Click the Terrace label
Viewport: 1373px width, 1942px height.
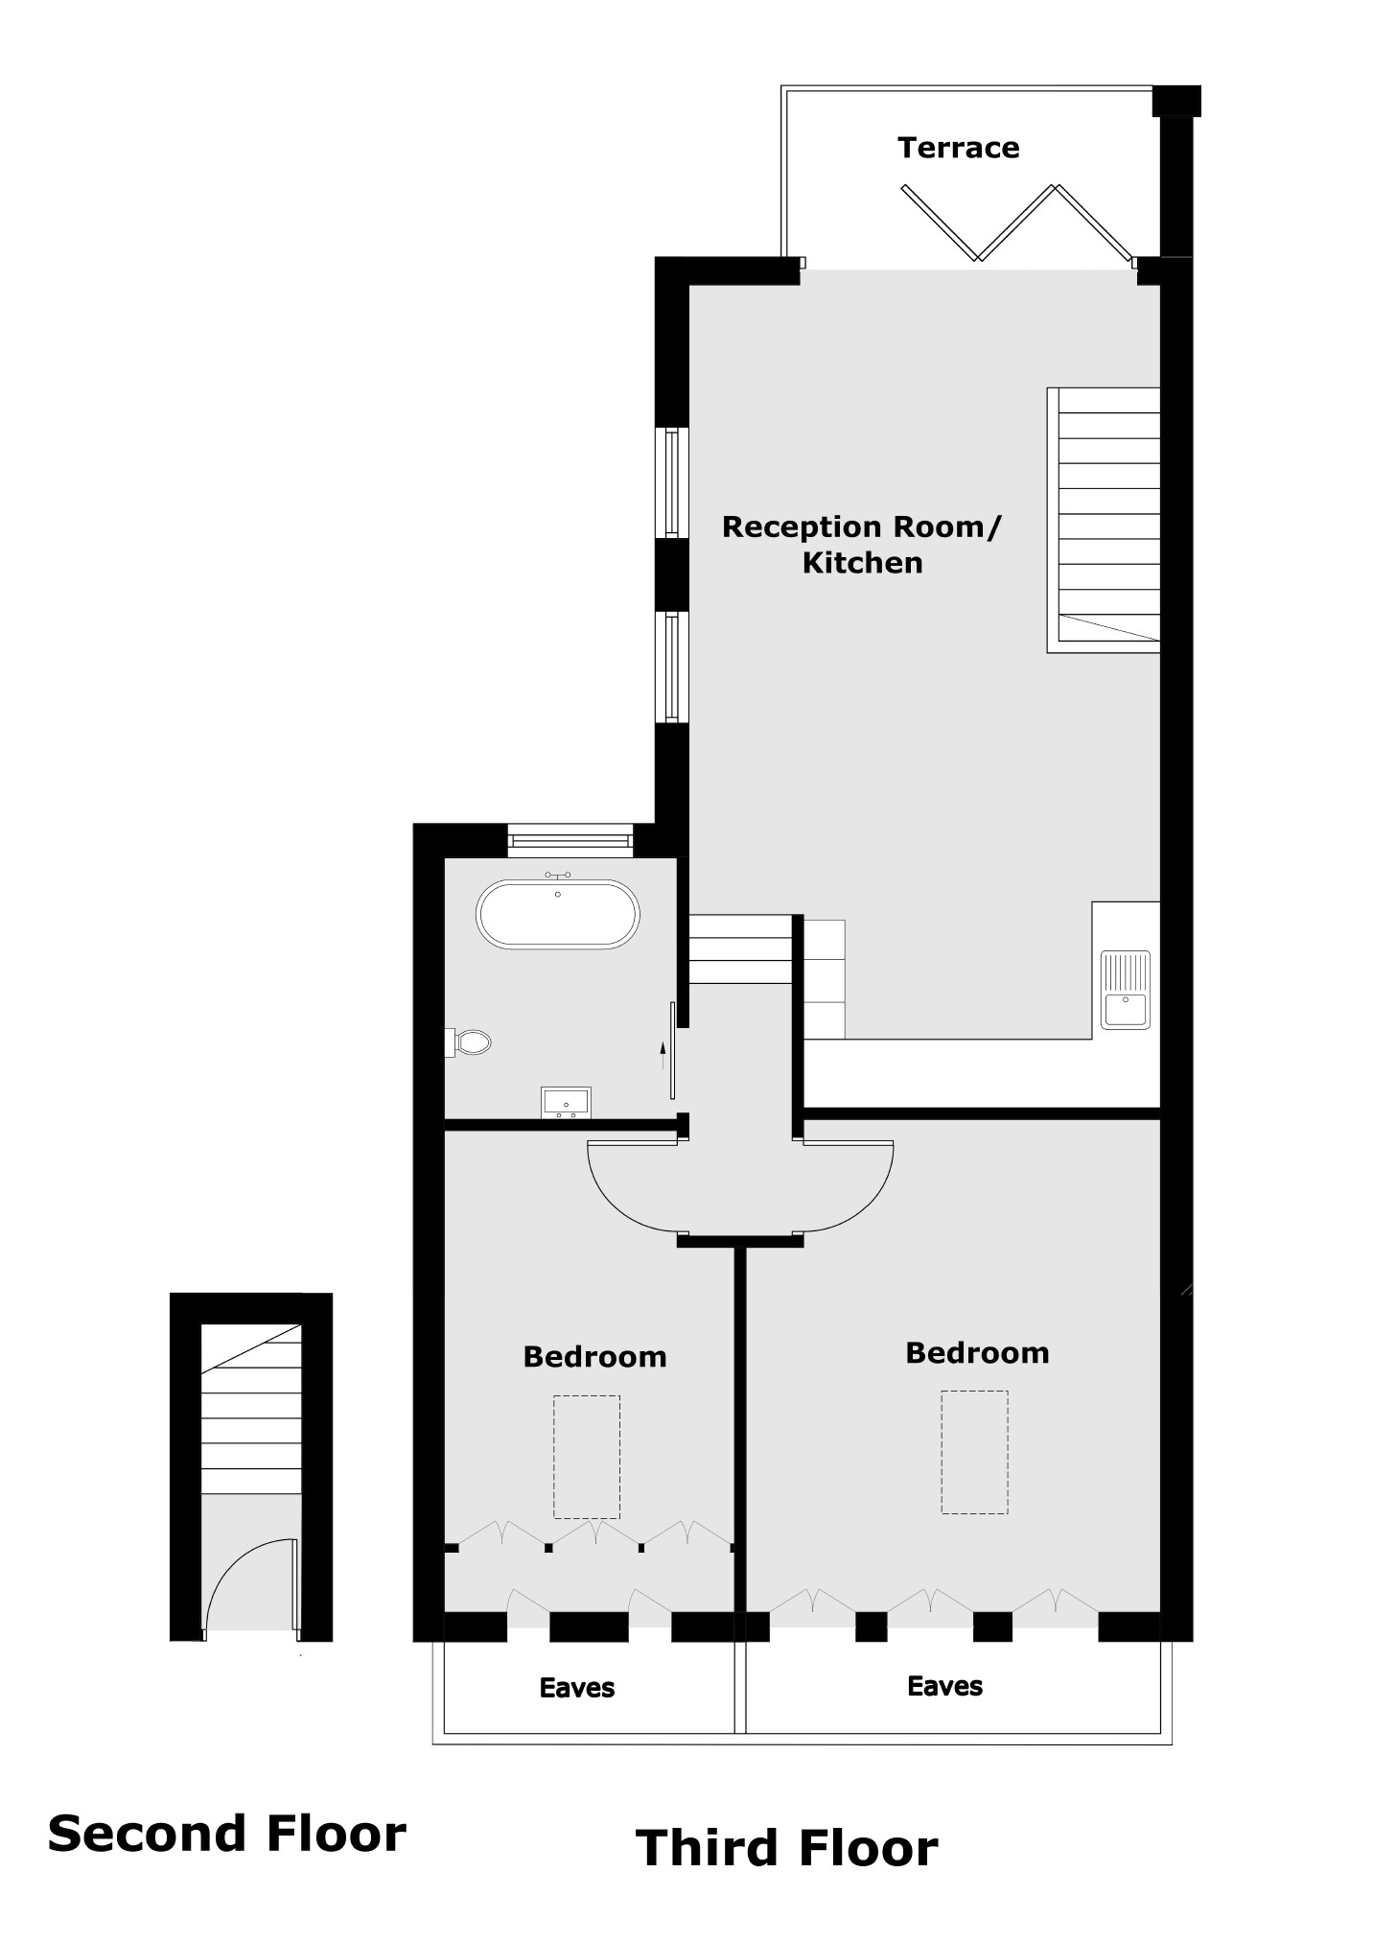[x=958, y=148]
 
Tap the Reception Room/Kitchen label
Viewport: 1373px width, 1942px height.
[x=861, y=544]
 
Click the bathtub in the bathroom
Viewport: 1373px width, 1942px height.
[x=557, y=914]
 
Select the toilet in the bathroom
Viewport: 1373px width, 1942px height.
[x=471, y=1041]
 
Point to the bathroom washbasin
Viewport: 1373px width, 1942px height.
[x=566, y=1102]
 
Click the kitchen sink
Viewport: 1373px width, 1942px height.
[x=1125, y=990]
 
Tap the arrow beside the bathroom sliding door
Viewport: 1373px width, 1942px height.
[x=662, y=1055]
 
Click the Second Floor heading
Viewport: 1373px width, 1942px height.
[x=227, y=1835]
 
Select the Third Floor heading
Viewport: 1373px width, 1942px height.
[x=786, y=1849]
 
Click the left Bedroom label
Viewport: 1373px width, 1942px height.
[x=594, y=1357]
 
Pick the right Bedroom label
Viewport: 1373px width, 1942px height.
[x=977, y=1353]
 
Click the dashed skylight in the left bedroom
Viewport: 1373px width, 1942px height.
[x=586, y=1457]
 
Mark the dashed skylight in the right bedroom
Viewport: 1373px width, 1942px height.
[x=974, y=1452]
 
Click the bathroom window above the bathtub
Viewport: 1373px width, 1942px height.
[x=570, y=841]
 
